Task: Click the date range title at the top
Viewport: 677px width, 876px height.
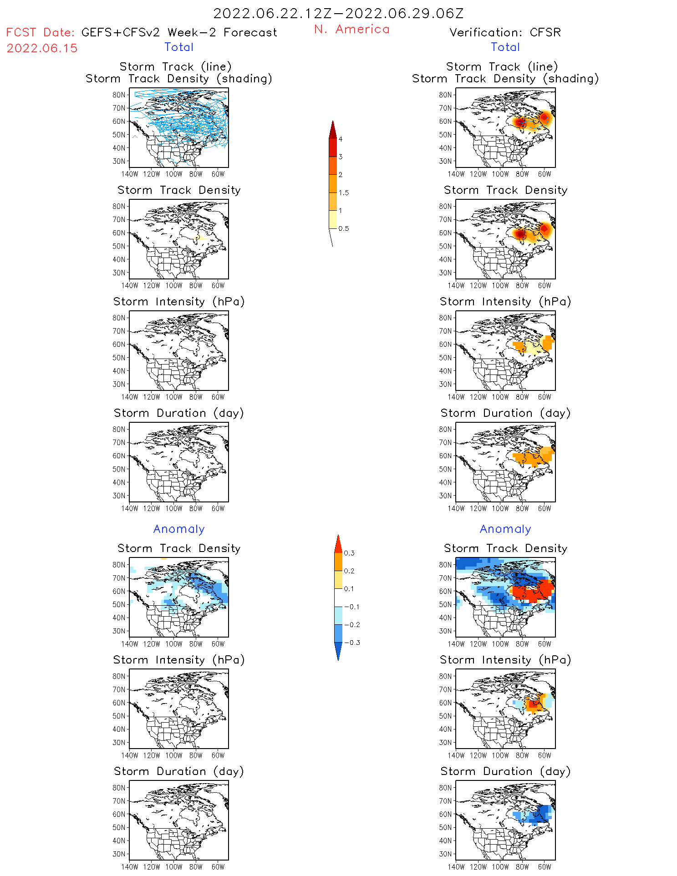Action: [x=338, y=14]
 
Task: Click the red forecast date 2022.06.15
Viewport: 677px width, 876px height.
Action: [x=42, y=48]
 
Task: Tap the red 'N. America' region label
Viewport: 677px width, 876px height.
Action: [x=351, y=29]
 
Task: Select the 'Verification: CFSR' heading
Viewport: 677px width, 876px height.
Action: [x=505, y=32]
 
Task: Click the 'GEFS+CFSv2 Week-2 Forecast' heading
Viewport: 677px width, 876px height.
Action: [x=179, y=32]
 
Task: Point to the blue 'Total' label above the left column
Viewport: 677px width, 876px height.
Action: [x=179, y=47]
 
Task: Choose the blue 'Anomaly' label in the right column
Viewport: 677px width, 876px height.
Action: [x=505, y=529]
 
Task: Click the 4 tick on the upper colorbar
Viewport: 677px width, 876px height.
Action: [x=341, y=139]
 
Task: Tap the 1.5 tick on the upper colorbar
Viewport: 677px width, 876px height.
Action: [x=344, y=192]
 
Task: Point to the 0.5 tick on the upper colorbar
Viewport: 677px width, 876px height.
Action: [x=344, y=228]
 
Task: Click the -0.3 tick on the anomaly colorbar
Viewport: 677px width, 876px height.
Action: [x=352, y=643]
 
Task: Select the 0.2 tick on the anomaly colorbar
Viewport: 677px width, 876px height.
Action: [x=349, y=571]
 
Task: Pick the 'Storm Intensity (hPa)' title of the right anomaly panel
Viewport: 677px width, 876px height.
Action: [x=505, y=660]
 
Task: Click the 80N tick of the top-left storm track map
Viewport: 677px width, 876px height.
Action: [x=119, y=95]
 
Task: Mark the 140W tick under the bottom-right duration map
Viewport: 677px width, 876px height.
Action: [x=456, y=867]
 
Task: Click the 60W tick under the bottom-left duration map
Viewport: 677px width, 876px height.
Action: [x=218, y=867]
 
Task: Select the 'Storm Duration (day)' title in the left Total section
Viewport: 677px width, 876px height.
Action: [x=179, y=413]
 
